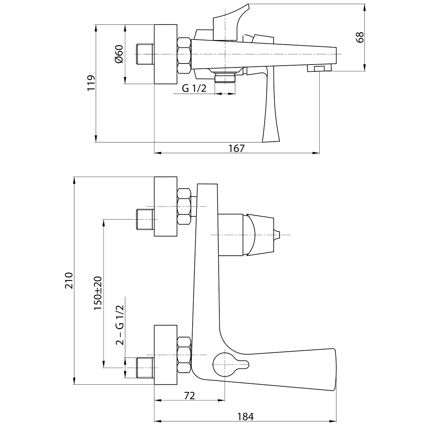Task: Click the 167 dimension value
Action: (237, 148)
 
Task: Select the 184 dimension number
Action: (245, 416)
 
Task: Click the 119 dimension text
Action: (91, 83)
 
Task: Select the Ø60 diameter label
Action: (119, 55)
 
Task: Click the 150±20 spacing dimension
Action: (98, 293)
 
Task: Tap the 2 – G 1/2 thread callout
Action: (120, 325)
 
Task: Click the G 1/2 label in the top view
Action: (194, 89)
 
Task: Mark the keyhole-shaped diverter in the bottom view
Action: (227, 364)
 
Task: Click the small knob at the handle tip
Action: (277, 235)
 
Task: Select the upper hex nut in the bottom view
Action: (184, 207)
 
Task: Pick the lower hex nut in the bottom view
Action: (184, 355)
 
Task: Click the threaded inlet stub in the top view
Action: (145, 54)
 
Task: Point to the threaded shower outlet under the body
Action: (225, 77)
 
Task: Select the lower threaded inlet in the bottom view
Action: (145, 368)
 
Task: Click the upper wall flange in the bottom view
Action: (165, 206)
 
